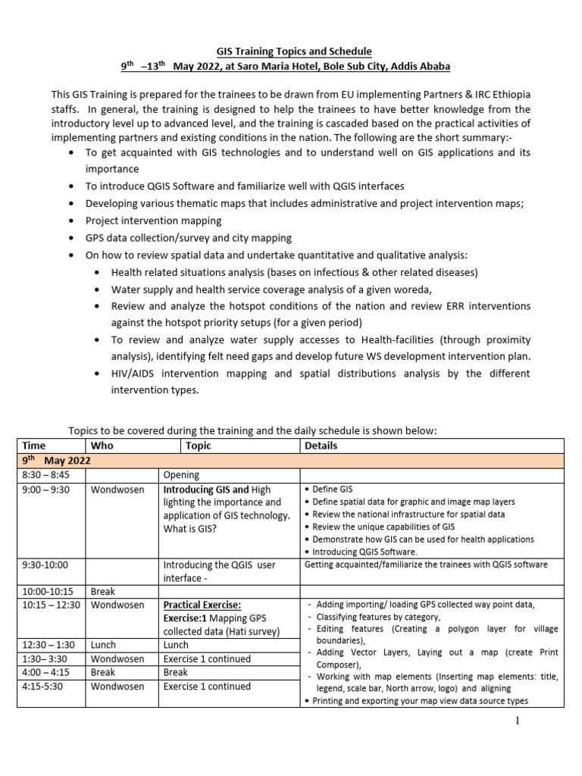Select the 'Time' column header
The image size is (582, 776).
click(x=35, y=446)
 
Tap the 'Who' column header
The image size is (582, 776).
click(x=102, y=446)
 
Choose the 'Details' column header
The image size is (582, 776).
click(x=321, y=446)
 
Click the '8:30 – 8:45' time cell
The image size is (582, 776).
click(x=45, y=475)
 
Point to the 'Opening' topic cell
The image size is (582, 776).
click(x=182, y=475)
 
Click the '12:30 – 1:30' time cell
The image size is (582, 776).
click(x=48, y=645)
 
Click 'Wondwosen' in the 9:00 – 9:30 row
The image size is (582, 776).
click(x=117, y=490)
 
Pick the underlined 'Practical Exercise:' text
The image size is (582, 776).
click(x=202, y=605)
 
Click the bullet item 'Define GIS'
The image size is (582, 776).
click(x=333, y=490)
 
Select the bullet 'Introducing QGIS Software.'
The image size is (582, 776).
click(x=364, y=551)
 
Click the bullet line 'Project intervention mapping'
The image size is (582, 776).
click(x=153, y=221)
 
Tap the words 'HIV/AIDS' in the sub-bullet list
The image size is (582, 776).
click(x=133, y=374)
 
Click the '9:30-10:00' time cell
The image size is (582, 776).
click(x=45, y=565)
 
